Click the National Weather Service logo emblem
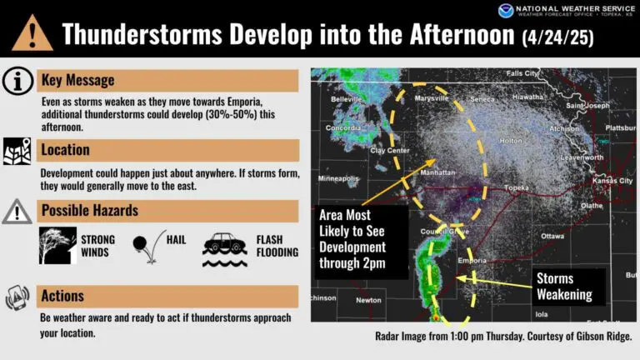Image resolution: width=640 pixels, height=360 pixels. (506, 11)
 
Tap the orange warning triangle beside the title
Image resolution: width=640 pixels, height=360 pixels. (32, 33)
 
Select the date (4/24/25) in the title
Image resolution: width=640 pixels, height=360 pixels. (557, 37)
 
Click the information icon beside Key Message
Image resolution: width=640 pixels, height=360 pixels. (17, 81)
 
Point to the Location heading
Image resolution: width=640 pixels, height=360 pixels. (65, 150)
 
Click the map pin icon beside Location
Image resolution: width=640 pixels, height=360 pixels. (17, 151)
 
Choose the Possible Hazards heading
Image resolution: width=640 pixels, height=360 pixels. (90, 211)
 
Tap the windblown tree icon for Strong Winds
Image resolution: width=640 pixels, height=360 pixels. (57, 245)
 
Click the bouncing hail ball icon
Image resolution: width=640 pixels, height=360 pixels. (149, 247)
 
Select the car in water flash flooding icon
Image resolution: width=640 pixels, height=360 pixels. (225, 250)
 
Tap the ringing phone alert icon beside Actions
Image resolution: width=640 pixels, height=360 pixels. (17, 297)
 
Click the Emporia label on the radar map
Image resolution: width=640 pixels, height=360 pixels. (472, 260)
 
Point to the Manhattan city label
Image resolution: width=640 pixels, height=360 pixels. (437, 172)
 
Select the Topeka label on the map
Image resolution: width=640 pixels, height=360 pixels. (517, 187)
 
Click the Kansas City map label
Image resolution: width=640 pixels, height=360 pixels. (612, 180)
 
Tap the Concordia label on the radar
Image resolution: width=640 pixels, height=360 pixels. (343, 127)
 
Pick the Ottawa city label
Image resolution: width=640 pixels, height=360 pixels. (552, 236)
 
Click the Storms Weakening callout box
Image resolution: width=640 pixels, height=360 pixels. (568, 287)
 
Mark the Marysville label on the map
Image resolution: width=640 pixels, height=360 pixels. (432, 98)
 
